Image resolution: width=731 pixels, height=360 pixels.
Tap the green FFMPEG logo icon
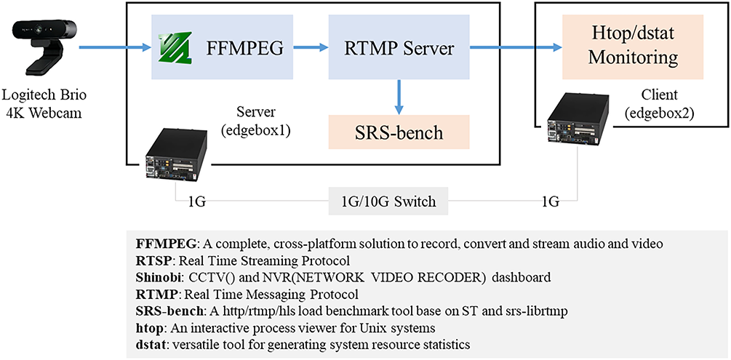[172, 49]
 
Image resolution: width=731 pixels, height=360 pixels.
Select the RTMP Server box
[399, 49]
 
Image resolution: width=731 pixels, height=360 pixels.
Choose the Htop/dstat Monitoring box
[633, 48]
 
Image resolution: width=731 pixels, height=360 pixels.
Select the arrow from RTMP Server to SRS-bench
[399, 96]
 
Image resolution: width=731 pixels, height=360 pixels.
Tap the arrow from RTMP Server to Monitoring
[516, 49]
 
